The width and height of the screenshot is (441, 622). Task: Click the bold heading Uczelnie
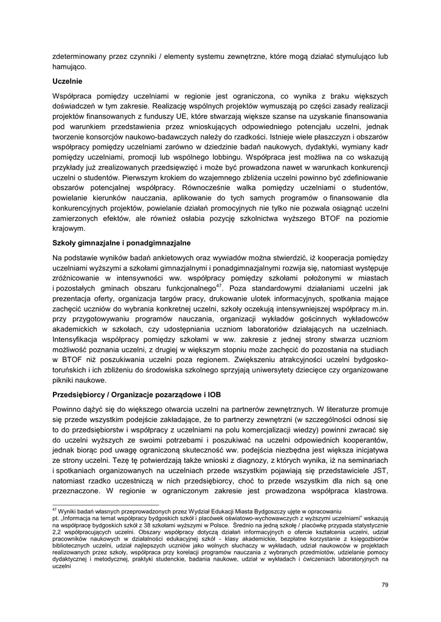pos(67,81)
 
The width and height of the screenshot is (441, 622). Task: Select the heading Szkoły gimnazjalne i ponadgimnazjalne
pos(122,243)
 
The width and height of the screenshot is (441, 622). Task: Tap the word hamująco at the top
pos(69,67)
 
